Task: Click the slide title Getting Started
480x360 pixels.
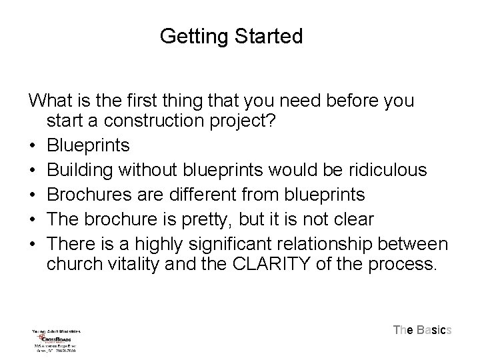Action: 231,35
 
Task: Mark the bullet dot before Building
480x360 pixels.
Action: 33,171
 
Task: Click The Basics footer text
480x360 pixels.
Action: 423,329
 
